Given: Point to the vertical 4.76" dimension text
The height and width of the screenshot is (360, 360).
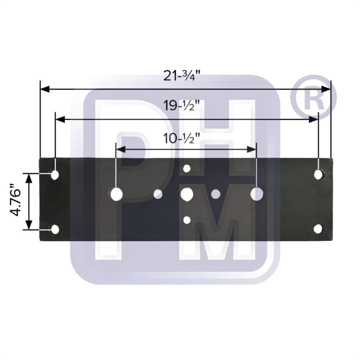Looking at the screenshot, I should pyautogui.click(x=15, y=201).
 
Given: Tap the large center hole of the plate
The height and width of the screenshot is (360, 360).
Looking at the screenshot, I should pyautogui.click(x=187, y=194).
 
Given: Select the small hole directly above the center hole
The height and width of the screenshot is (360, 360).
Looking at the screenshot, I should pyautogui.click(x=186, y=168).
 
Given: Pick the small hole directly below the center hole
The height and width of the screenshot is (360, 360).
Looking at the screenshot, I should pyautogui.click(x=186, y=220).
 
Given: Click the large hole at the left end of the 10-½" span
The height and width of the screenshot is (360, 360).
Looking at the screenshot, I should pyautogui.click(x=116, y=194).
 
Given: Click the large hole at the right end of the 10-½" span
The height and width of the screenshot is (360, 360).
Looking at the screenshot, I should pyautogui.click(x=257, y=194).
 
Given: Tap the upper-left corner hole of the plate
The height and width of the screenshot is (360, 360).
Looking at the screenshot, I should pyautogui.click(x=55, y=175).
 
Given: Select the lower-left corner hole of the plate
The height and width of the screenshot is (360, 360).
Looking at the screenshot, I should pyautogui.click(x=55, y=229).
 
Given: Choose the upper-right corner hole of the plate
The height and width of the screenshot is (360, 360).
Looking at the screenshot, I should pyautogui.click(x=318, y=174).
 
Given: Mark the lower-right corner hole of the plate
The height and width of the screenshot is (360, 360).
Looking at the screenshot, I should pyautogui.click(x=318, y=229).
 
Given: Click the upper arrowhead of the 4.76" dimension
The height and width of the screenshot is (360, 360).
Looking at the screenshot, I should pyautogui.click(x=28, y=177).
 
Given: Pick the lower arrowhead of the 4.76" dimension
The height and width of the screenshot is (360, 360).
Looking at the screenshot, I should pyautogui.click(x=28, y=226).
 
